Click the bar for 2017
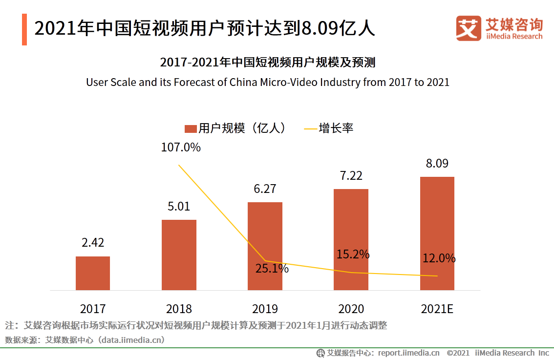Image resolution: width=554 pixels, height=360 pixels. (93, 273)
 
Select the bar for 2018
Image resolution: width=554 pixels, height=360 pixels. (179, 255)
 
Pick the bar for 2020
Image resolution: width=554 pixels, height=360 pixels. (351, 239)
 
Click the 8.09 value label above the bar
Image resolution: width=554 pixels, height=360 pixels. (437, 164)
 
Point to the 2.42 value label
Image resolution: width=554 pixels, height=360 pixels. (93, 243)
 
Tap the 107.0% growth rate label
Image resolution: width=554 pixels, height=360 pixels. (181, 147)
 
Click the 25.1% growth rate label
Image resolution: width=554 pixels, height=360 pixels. (272, 268)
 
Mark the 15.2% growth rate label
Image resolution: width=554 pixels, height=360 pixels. (353, 254)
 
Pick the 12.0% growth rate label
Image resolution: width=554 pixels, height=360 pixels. (439, 258)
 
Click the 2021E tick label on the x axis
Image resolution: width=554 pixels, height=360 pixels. (437, 309)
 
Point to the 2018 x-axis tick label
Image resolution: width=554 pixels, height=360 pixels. (179, 309)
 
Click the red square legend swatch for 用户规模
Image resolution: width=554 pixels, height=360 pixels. (190, 128)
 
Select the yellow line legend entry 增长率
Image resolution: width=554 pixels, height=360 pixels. (328, 128)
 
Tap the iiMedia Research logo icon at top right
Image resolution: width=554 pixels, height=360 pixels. (469, 28)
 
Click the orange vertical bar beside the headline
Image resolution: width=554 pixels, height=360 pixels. (24, 30)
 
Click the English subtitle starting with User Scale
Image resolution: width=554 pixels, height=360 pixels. (267, 82)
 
